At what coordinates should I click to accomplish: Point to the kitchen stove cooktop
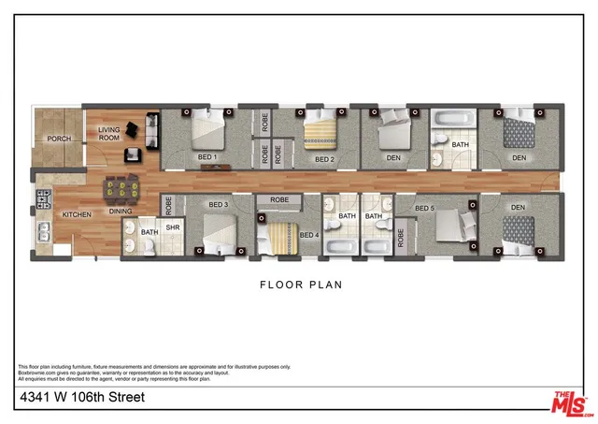41,197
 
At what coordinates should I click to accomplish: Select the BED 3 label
219,205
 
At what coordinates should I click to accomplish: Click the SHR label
173,226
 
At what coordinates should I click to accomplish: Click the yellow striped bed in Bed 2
322,134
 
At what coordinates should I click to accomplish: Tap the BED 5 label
425,208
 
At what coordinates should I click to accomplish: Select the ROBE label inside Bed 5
401,237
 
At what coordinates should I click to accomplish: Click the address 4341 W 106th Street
81,398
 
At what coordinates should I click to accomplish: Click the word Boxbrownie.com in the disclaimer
37,372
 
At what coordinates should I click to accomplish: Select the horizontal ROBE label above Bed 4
278,200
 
